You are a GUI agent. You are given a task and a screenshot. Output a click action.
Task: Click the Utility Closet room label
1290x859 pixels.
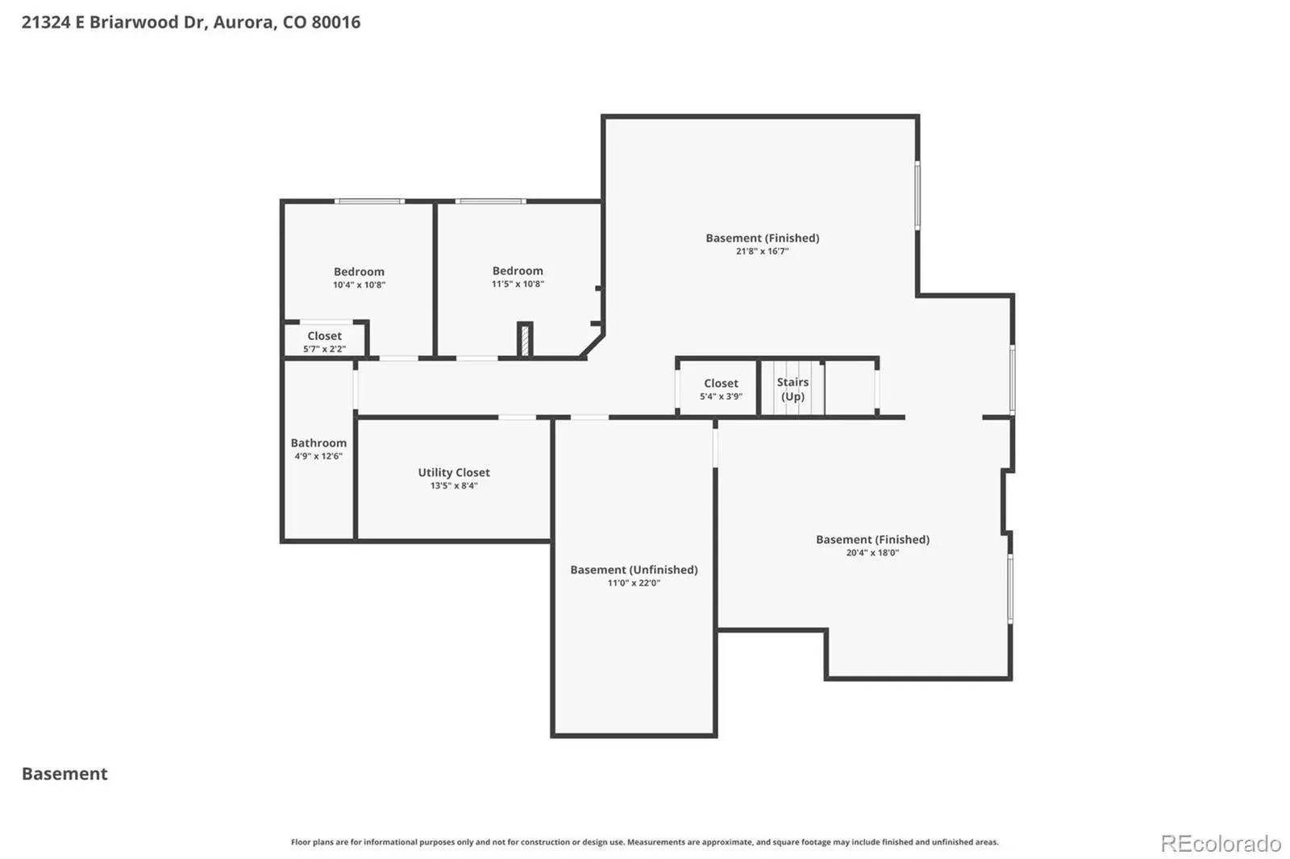[x=454, y=472]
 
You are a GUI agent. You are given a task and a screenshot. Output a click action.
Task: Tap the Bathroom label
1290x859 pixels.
[x=318, y=442]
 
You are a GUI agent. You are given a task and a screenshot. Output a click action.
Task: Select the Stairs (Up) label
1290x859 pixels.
[x=793, y=389]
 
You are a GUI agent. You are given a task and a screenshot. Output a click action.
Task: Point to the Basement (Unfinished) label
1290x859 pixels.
[x=634, y=570]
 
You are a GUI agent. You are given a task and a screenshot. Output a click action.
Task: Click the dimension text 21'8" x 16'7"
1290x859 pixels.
[x=762, y=251]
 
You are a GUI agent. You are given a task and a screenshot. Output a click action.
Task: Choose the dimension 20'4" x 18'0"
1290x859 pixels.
[x=872, y=553]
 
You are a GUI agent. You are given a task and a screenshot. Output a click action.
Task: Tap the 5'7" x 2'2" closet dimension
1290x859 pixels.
[x=324, y=349]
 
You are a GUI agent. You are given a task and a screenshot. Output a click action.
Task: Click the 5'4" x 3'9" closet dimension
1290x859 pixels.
[x=721, y=396]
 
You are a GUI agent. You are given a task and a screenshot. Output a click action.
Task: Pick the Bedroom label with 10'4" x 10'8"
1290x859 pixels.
[x=359, y=272]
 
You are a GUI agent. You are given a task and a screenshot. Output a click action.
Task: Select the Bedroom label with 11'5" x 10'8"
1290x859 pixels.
[x=517, y=271]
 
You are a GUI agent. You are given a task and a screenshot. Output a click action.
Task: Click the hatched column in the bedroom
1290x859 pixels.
[x=525, y=340]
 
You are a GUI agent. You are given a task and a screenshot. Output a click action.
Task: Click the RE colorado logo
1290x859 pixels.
[x=1221, y=844]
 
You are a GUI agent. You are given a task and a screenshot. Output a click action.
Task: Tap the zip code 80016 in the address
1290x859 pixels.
[x=335, y=22]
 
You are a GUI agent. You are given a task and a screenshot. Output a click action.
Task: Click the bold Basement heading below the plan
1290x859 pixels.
[x=64, y=774]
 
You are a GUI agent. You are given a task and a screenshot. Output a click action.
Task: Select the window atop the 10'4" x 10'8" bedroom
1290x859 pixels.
[x=369, y=201]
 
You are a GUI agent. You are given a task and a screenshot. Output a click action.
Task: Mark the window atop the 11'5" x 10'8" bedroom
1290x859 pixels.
[x=491, y=201]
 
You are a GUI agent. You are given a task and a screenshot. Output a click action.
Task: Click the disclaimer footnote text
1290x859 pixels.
[x=644, y=842]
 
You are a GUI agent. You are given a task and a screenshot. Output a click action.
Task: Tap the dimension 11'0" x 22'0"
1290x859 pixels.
[x=634, y=583]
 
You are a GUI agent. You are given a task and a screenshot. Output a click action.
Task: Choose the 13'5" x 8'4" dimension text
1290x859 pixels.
[x=454, y=485]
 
